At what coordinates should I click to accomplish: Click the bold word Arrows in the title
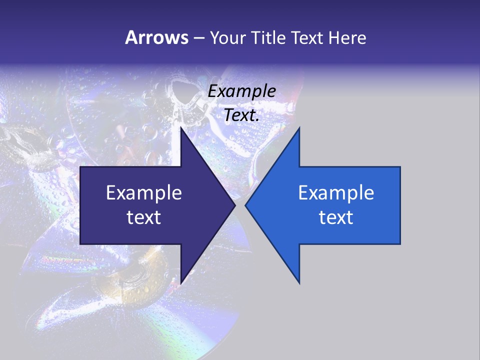(156, 37)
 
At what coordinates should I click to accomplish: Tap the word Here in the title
(347, 37)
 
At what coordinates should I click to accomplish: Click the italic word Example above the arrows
(242, 91)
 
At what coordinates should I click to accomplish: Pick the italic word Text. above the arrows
(242, 115)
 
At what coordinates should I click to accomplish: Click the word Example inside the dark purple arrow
(144, 192)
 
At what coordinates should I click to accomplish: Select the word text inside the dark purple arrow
(144, 217)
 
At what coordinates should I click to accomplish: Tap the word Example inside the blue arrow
(336, 192)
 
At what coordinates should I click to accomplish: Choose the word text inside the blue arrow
(336, 217)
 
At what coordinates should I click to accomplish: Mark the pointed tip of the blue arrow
(246, 205)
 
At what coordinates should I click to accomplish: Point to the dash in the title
(198, 38)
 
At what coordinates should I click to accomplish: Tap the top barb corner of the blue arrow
(299, 128)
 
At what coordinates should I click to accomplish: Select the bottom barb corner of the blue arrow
(299, 283)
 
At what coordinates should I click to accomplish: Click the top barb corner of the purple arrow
(181, 128)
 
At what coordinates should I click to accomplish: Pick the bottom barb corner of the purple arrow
(181, 283)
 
